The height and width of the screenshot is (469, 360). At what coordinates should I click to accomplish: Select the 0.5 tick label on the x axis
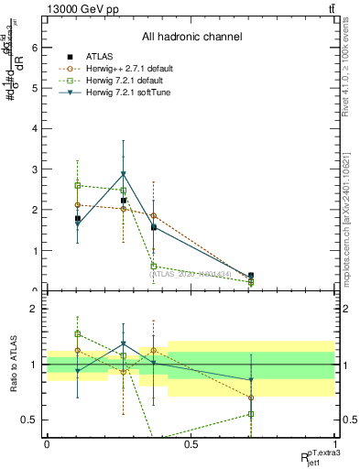point(190,444)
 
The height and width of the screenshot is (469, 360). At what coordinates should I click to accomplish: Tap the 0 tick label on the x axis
point(47,444)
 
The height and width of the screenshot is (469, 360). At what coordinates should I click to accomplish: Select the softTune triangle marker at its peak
point(123,174)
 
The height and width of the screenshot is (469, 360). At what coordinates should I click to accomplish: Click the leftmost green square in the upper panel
point(78,185)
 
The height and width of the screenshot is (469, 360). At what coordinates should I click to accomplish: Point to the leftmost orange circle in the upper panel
point(78,205)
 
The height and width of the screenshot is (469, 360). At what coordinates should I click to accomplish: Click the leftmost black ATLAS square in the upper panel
point(78,219)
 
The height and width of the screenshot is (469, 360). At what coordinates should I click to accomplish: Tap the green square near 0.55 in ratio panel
point(251,414)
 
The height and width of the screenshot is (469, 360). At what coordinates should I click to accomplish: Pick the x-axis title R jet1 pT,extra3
point(316,455)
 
